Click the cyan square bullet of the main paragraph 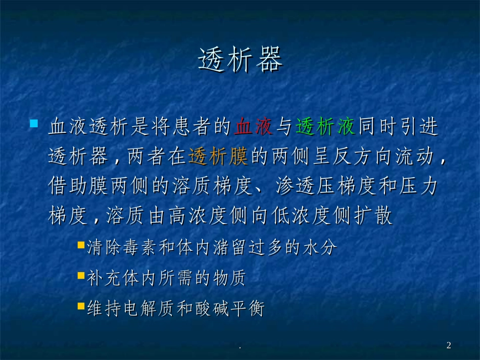(x=34, y=124)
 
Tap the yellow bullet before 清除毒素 (x=81, y=245)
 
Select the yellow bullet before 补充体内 (x=81, y=276)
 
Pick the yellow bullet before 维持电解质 (x=81, y=305)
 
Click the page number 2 (x=449, y=345)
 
